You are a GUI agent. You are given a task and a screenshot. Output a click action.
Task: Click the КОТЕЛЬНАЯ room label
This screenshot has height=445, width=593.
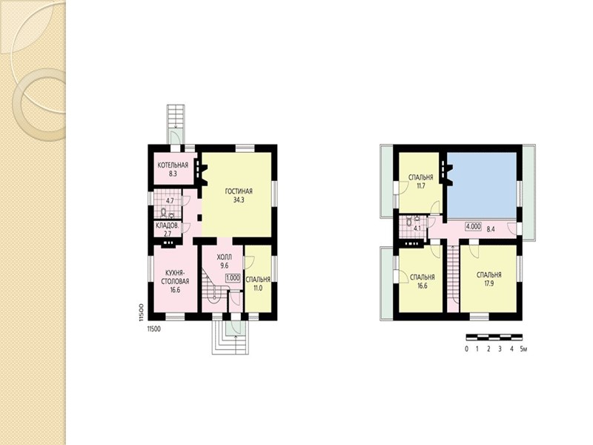173,165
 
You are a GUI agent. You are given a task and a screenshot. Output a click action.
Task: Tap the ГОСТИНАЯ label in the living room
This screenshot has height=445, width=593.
239,191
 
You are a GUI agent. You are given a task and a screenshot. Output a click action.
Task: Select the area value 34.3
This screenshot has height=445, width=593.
239,200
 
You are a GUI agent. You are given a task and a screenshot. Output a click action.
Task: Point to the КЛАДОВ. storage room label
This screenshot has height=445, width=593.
168,227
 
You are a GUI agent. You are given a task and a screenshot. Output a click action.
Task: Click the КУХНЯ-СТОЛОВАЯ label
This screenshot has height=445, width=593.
176,277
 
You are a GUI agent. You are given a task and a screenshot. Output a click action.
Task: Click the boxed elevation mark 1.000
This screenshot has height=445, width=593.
233,277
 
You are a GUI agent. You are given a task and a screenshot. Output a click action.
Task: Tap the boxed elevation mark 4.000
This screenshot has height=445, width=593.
473,227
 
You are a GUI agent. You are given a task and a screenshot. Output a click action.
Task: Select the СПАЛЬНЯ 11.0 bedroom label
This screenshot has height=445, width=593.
257,284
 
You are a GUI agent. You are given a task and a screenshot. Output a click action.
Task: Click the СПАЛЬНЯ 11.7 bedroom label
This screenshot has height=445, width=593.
420,181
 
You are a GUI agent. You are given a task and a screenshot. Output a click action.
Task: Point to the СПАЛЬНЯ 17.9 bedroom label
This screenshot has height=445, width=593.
489,279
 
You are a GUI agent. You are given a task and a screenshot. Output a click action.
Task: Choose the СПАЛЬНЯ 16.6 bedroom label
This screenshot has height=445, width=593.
422,282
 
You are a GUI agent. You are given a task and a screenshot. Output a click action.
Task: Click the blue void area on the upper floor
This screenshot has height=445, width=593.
482,185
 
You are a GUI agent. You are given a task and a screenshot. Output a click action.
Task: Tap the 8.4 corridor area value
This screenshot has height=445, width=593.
491,228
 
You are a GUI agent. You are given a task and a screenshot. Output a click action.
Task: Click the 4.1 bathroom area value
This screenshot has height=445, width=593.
417,228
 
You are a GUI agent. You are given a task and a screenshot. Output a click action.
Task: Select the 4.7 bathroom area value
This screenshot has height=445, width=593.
170,201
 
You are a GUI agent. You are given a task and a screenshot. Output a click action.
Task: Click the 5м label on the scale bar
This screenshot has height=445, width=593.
523,349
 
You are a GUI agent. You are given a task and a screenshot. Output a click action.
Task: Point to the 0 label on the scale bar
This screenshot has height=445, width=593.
467,349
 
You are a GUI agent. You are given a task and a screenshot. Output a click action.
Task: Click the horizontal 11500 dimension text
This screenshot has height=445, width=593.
153,329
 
